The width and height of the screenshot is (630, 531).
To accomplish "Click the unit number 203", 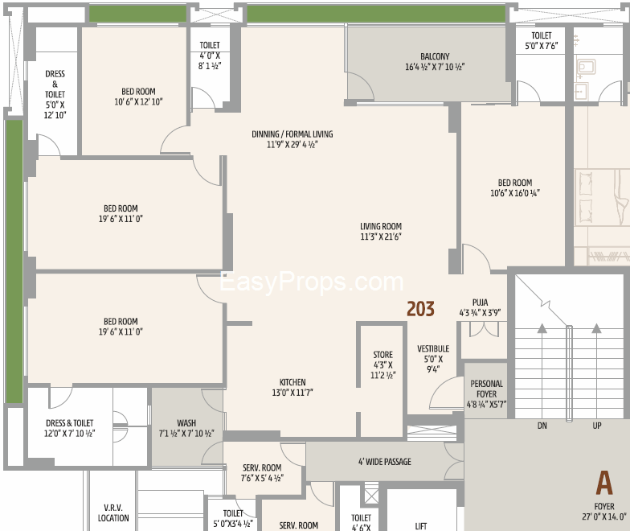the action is pyautogui.click(x=421, y=309).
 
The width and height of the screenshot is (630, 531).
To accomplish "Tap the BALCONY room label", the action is pyautogui.click(x=435, y=56).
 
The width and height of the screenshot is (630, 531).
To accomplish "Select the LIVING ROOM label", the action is pyautogui.click(x=381, y=227).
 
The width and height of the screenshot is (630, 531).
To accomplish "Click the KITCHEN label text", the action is pyautogui.click(x=292, y=382).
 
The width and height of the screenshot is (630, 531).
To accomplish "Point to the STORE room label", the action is pyautogui.click(x=382, y=355).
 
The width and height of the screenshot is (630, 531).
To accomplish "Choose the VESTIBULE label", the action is pyautogui.click(x=433, y=349).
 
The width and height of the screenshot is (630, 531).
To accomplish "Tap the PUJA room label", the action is pyautogui.click(x=481, y=303).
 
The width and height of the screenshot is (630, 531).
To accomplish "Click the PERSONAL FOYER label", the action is pyautogui.click(x=487, y=389).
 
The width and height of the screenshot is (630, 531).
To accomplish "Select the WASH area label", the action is pyautogui.click(x=186, y=423).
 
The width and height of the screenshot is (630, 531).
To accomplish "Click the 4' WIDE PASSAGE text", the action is pyautogui.click(x=385, y=462).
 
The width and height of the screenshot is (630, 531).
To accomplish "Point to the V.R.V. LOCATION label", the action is pyautogui.click(x=113, y=513).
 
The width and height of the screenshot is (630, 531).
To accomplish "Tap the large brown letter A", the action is pyautogui.click(x=604, y=483).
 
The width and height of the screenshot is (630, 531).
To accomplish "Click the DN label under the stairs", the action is pyautogui.click(x=542, y=426).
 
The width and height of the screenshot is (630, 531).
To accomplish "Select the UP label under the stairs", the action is pyautogui.click(x=596, y=426).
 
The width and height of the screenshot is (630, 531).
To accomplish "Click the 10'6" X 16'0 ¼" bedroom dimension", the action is pyautogui.click(x=514, y=193).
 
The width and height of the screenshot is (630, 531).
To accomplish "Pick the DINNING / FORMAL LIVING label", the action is pyautogui.click(x=292, y=134).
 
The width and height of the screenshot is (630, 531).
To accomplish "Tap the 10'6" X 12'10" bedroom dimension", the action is pyautogui.click(x=138, y=101).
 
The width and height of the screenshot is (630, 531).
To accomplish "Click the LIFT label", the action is pyautogui.click(x=421, y=526).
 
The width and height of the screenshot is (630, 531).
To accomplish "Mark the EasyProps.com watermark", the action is pyautogui.click(x=312, y=282).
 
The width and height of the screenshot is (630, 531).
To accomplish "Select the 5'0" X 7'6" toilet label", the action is pyautogui.click(x=542, y=46).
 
